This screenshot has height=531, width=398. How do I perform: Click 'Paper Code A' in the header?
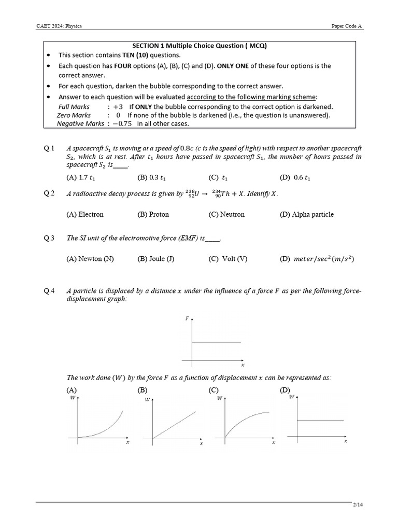click(x=347, y=25)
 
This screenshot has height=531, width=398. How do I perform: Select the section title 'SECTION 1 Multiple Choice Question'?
click(x=199, y=46)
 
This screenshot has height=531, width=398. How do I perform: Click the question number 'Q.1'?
click(x=49, y=149)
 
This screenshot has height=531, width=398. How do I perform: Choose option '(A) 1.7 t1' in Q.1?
click(x=81, y=177)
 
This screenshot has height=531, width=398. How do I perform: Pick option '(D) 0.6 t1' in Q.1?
click(x=295, y=177)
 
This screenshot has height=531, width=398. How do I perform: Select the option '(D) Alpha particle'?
click(x=306, y=214)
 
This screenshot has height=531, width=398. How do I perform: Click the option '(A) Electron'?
click(x=85, y=214)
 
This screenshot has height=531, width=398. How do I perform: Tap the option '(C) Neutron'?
click(x=226, y=214)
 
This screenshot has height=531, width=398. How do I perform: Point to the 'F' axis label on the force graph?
click(x=187, y=318)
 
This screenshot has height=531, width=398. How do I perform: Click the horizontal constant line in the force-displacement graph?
click(x=217, y=342)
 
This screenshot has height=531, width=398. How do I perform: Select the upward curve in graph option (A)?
click(x=111, y=426)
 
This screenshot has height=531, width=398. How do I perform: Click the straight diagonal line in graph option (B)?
click(x=174, y=426)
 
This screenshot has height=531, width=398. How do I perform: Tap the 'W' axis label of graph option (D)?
click(x=291, y=397)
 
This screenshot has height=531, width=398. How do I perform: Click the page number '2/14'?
click(x=358, y=505)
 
